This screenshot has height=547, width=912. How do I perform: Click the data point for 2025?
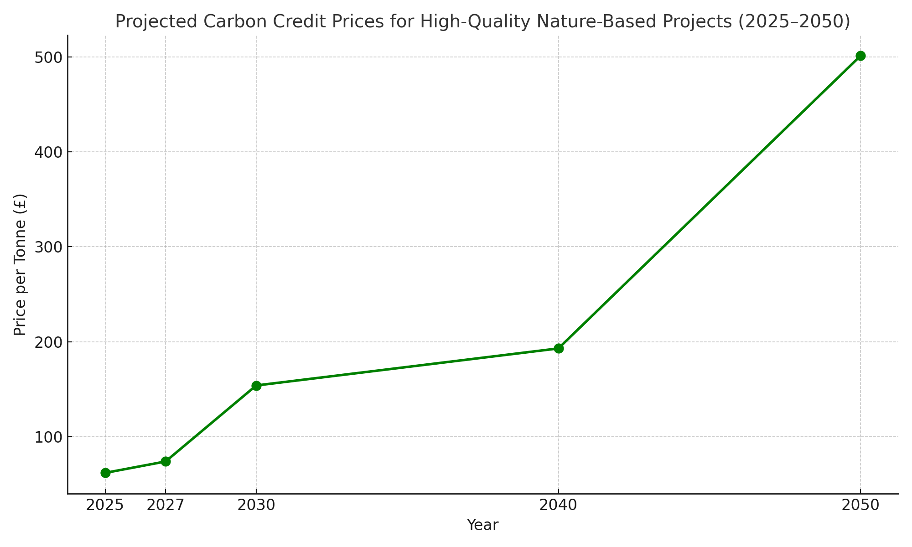point(105,473)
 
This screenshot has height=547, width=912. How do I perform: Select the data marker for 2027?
point(166,461)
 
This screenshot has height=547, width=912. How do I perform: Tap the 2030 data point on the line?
point(256,386)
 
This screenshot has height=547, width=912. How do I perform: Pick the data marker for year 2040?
point(559,348)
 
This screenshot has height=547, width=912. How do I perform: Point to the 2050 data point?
point(860,56)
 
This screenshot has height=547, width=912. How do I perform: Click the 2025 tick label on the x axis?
point(105,506)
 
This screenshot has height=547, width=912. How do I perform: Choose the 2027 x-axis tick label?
point(166,506)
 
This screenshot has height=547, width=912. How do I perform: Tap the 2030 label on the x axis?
point(256,506)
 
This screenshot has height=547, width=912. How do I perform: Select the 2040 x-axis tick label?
point(559,506)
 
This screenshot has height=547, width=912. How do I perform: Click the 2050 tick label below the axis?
point(860,506)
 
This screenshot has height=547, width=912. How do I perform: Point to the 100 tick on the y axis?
point(48,437)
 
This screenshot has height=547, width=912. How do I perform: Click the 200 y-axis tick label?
point(48,342)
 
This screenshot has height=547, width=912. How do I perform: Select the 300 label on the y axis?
point(48,247)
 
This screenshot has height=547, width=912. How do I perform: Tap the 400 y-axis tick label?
point(48,152)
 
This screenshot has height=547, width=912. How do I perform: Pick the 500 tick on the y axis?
point(48,57)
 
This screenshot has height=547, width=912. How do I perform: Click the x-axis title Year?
point(482,525)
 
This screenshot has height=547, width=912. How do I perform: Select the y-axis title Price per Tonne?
point(20,264)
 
